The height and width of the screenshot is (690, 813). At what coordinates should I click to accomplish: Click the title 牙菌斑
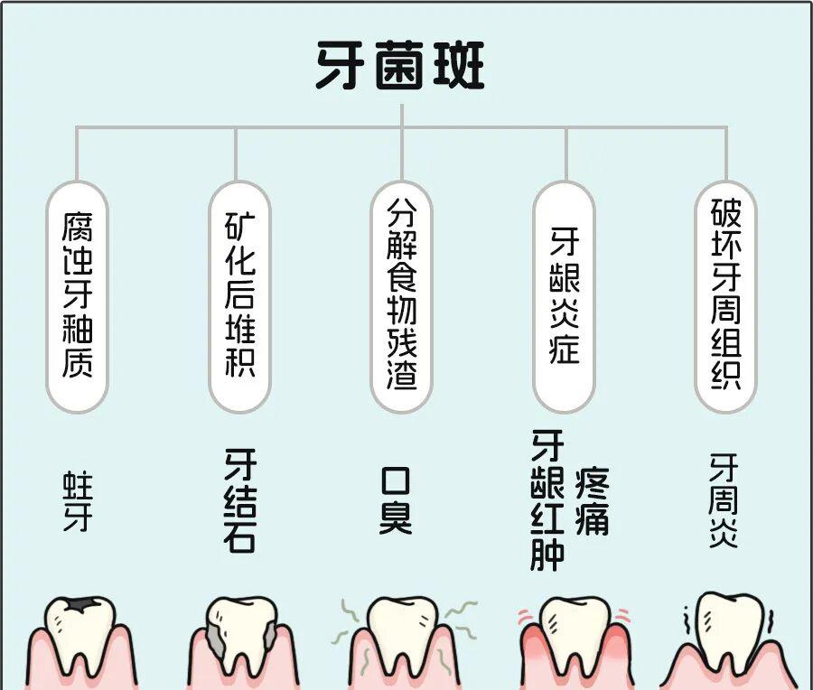tap(400, 65)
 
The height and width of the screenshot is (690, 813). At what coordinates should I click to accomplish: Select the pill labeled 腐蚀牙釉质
tap(78, 295)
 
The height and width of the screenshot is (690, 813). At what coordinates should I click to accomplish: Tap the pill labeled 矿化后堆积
tap(239, 295)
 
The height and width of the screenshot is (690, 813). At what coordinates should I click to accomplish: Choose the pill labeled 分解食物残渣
tap(402, 295)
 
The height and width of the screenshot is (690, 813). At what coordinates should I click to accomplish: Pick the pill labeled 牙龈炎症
tap(565, 295)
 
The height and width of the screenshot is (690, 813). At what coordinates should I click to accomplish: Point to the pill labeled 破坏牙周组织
tap(726, 295)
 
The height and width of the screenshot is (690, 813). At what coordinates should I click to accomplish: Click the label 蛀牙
tap(77, 499)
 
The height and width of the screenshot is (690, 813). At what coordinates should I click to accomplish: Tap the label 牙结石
tap(239, 499)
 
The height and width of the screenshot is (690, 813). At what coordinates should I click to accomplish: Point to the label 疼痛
tap(592, 499)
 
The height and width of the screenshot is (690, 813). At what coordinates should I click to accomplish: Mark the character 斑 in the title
tap(457, 65)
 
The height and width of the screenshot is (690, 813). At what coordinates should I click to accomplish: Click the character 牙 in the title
tap(342, 65)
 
